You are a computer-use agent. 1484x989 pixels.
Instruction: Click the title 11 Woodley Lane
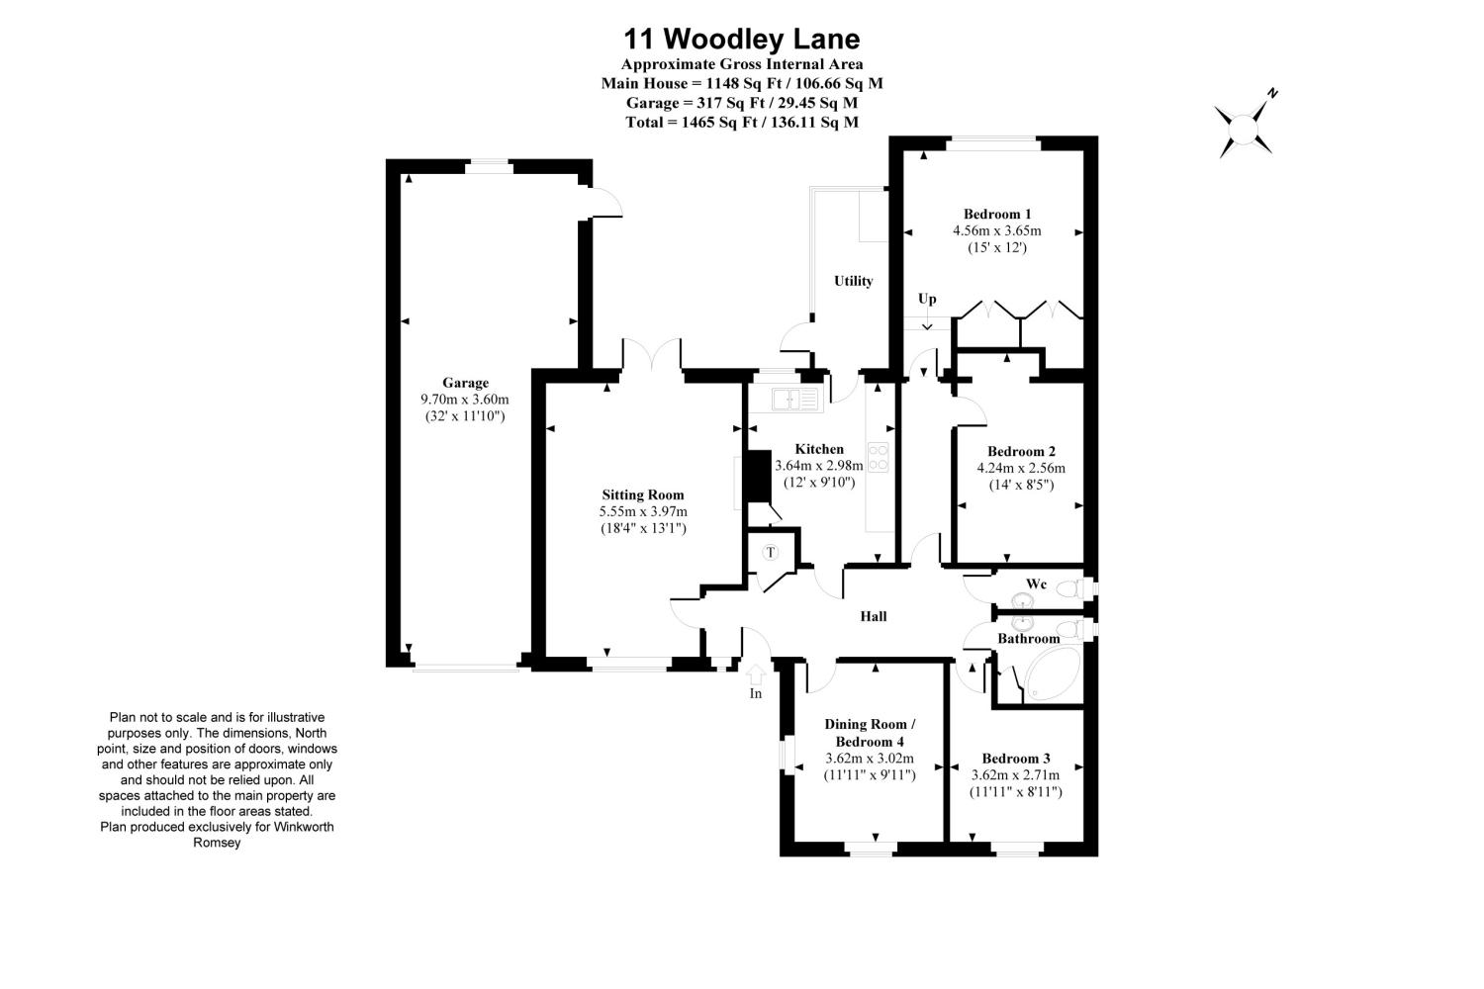[741, 39]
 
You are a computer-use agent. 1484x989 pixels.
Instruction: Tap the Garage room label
[465, 383]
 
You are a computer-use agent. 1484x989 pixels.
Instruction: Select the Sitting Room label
[643, 494]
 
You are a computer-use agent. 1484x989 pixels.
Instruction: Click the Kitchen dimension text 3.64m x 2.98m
[819, 465]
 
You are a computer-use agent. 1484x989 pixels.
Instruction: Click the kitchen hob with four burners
[878, 456]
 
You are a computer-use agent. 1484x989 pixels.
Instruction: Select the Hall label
[873, 616]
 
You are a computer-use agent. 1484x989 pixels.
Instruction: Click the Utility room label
[853, 281]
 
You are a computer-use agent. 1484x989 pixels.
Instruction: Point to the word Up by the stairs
[927, 299]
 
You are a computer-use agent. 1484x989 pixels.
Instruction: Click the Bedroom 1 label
[997, 214]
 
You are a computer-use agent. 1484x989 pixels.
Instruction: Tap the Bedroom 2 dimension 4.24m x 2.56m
[1021, 468]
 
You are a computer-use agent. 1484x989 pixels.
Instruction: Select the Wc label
[1036, 584]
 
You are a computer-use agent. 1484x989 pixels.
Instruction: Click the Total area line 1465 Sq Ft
[741, 122]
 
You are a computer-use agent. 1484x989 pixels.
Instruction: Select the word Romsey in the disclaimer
[217, 843]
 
